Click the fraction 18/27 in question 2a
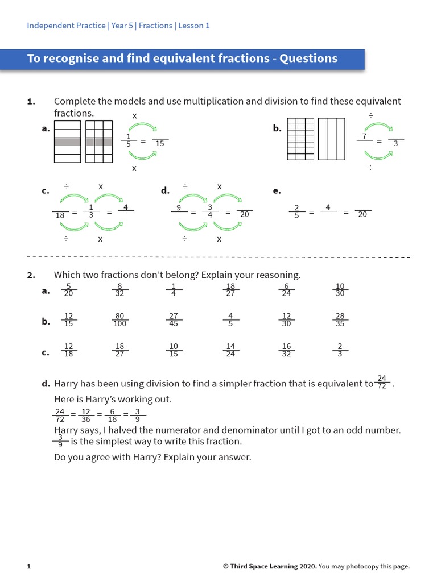pyautogui.click(x=230, y=290)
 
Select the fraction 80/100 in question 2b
pyautogui.click(x=120, y=320)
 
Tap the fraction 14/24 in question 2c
pyautogui.click(x=230, y=350)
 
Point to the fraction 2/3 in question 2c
pyautogui.click(x=340, y=350)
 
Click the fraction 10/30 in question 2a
pyautogui.click(x=340, y=290)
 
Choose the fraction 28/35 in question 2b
pyautogui.click(x=340, y=320)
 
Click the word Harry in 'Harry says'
pyautogui.click(x=67, y=430)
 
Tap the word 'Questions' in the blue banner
pyautogui.click(x=308, y=59)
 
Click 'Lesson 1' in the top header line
pyautogui.click(x=194, y=26)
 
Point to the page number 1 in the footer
pyautogui.click(x=29, y=566)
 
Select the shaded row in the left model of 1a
pyautogui.click(x=67, y=142)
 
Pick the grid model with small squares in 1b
pyautogui.click(x=300, y=139)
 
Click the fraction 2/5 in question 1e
pyautogui.click(x=296, y=211)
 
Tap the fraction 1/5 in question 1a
pyautogui.click(x=128, y=140)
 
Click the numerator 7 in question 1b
pyautogui.click(x=364, y=137)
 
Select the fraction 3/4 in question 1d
pyautogui.click(x=210, y=211)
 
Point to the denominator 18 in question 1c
pyautogui.click(x=60, y=215)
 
